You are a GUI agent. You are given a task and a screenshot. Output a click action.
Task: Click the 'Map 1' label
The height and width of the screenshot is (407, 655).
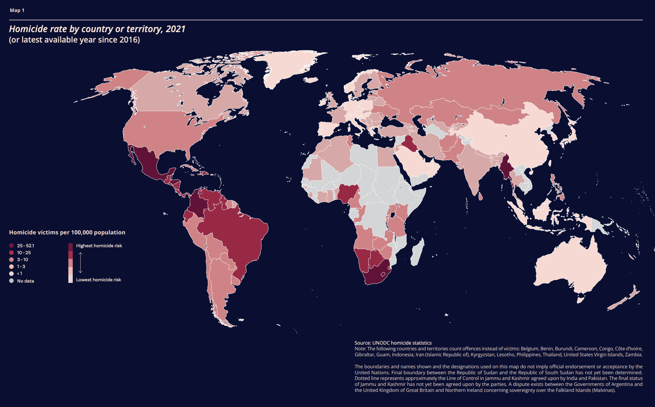[17, 10]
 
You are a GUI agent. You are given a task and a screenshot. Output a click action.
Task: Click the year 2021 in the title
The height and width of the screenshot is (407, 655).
[175, 29]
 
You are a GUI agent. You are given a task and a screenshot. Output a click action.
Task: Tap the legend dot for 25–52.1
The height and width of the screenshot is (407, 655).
[12, 246]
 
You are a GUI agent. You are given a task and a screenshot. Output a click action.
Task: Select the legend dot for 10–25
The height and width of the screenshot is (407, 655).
[12, 253]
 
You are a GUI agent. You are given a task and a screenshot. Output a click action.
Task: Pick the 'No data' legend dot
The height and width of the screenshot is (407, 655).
[12, 281]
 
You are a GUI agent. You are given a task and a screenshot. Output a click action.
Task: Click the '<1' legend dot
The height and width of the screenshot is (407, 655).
[12, 273]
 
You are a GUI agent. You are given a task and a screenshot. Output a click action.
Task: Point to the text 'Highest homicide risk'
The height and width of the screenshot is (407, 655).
[99, 246]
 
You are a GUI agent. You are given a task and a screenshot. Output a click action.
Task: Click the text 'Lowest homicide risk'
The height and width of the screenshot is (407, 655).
[99, 280]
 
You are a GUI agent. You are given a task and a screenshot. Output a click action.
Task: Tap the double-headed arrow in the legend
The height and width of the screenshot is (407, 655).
[80, 262]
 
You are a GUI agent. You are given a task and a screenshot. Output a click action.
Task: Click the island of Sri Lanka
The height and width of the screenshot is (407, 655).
[480, 197]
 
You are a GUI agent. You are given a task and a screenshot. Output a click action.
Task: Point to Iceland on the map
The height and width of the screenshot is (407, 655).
[312, 80]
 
